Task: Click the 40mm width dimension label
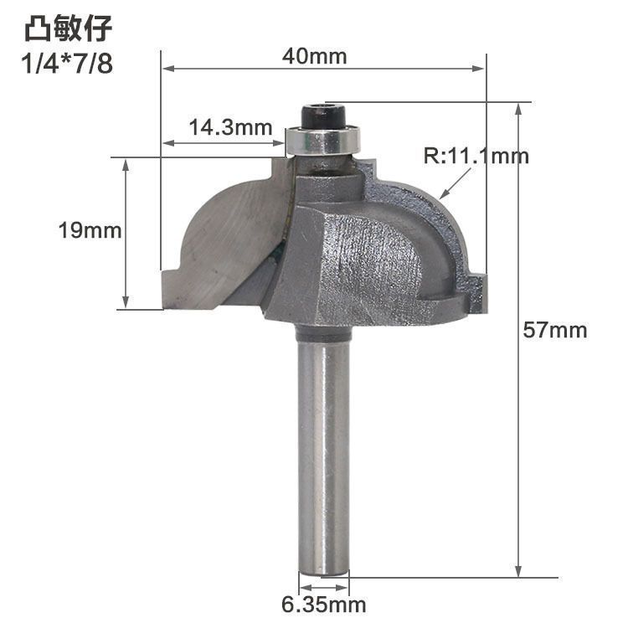tap(314, 56)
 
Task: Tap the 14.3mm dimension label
tap(230, 128)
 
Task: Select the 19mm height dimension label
tap(90, 231)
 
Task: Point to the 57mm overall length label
tap(554, 331)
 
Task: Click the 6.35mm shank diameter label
tap(324, 605)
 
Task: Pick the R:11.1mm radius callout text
tap(476, 156)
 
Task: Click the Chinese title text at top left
tap(68, 28)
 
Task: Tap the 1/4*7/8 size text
tap(67, 64)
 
